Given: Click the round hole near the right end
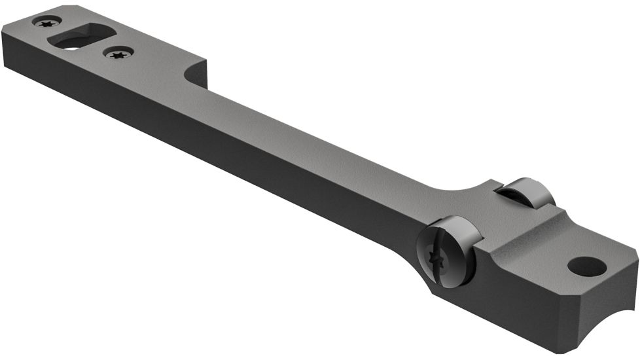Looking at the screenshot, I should [x=586, y=266].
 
